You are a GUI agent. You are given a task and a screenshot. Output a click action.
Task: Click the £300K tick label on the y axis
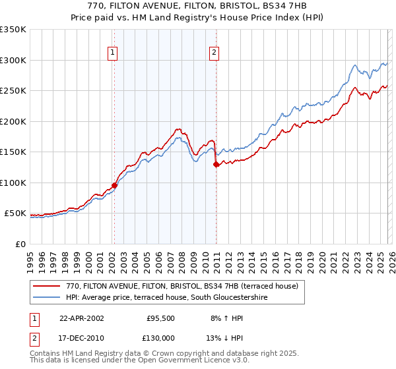(13, 60)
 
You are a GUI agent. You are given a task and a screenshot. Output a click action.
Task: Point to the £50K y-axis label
(15, 213)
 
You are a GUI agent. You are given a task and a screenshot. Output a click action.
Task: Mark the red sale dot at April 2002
(114, 186)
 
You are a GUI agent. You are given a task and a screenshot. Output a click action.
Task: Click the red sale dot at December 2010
(216, 165)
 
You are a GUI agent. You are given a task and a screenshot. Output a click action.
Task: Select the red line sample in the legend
(47, 286)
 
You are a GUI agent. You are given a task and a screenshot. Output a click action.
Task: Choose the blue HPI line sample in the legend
(47, 297)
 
